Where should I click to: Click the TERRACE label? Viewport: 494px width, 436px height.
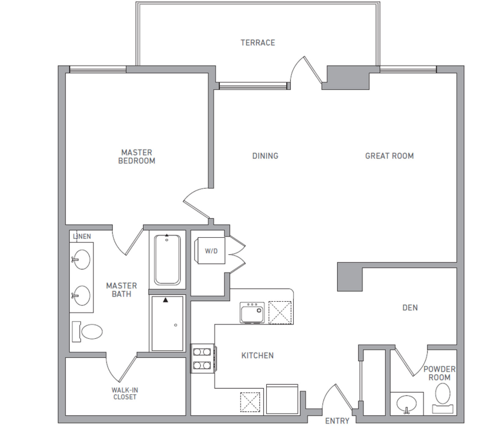(258, 43)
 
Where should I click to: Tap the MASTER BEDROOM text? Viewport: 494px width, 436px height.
(137, 157)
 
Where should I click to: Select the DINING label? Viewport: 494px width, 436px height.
(265, 156)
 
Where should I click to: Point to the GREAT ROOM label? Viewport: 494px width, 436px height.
(389, 156)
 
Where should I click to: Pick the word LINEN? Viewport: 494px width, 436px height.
(82, 236)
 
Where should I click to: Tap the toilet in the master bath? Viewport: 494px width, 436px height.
(87, 331)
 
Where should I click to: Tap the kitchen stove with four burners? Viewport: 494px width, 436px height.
(202, 358)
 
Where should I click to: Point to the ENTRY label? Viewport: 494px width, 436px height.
(337, 421)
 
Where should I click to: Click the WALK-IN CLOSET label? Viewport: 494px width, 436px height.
(125, 393)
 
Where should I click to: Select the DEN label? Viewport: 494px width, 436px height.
(410, 307)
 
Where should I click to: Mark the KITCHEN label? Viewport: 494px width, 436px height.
(257, 355)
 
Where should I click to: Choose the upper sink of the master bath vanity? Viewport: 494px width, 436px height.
(81, 259)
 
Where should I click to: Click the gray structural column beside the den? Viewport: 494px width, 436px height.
(350, 277)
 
